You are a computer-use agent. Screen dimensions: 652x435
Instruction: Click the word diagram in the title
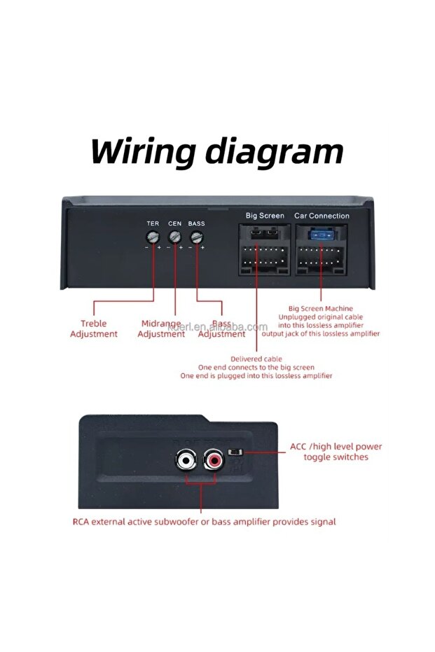270,151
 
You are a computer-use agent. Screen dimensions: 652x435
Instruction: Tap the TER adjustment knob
152,237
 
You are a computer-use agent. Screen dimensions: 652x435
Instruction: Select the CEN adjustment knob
174,237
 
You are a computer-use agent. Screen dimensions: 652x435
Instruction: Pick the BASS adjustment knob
197,237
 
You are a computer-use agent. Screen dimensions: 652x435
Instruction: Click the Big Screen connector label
265,216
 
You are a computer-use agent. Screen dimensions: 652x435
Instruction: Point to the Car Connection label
322,216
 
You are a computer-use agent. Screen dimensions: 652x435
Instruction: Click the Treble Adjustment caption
94,329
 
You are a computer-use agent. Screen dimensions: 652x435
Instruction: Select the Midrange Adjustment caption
161,329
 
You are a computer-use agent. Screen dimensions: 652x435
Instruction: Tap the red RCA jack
214,461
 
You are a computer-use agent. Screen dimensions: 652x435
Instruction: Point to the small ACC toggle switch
239,452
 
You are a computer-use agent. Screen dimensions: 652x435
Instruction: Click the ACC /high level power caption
336,452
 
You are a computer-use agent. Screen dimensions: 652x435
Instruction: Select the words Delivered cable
256,359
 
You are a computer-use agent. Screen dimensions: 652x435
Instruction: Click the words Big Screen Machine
321,308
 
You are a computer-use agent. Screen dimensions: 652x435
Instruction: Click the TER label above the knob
152,223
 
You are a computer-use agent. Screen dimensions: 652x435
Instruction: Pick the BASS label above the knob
197,223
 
